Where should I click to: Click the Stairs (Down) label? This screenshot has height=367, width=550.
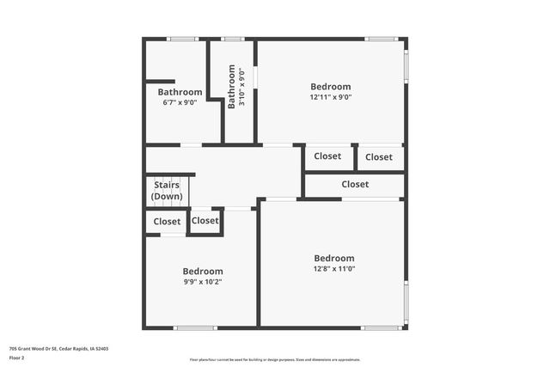(x=168, y=191)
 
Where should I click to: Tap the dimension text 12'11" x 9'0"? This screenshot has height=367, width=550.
(x=331, y=97)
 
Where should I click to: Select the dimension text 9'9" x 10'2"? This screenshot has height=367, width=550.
(x=203, y=281)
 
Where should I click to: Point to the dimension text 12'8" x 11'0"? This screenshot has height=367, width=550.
(x=333, y=269)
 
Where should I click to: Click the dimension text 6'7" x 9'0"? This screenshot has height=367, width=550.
(x=180, y=102)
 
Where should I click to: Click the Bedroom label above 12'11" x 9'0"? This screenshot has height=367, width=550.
(x=331, y=87)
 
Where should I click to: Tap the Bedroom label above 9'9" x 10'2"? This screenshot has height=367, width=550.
(x=203, y=271)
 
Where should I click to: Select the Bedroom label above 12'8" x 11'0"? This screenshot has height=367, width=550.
(x=333, y=258)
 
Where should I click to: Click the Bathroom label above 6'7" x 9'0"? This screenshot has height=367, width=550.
(x=180, y=92)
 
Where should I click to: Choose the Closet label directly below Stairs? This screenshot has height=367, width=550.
(x=168, y=222)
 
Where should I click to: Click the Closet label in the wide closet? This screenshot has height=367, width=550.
(x=355, y=184)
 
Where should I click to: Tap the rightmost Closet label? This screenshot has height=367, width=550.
(x=379, y=156)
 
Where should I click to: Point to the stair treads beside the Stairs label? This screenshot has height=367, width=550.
(x=149, y=191)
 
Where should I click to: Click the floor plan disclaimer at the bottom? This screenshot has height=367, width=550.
(x=274, y=359)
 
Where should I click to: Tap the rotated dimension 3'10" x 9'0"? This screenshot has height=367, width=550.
(x=242, y=87)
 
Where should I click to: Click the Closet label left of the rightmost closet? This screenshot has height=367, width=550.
(x=327, y=156)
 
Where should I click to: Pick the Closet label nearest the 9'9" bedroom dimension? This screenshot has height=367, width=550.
(x=205, y=221)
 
